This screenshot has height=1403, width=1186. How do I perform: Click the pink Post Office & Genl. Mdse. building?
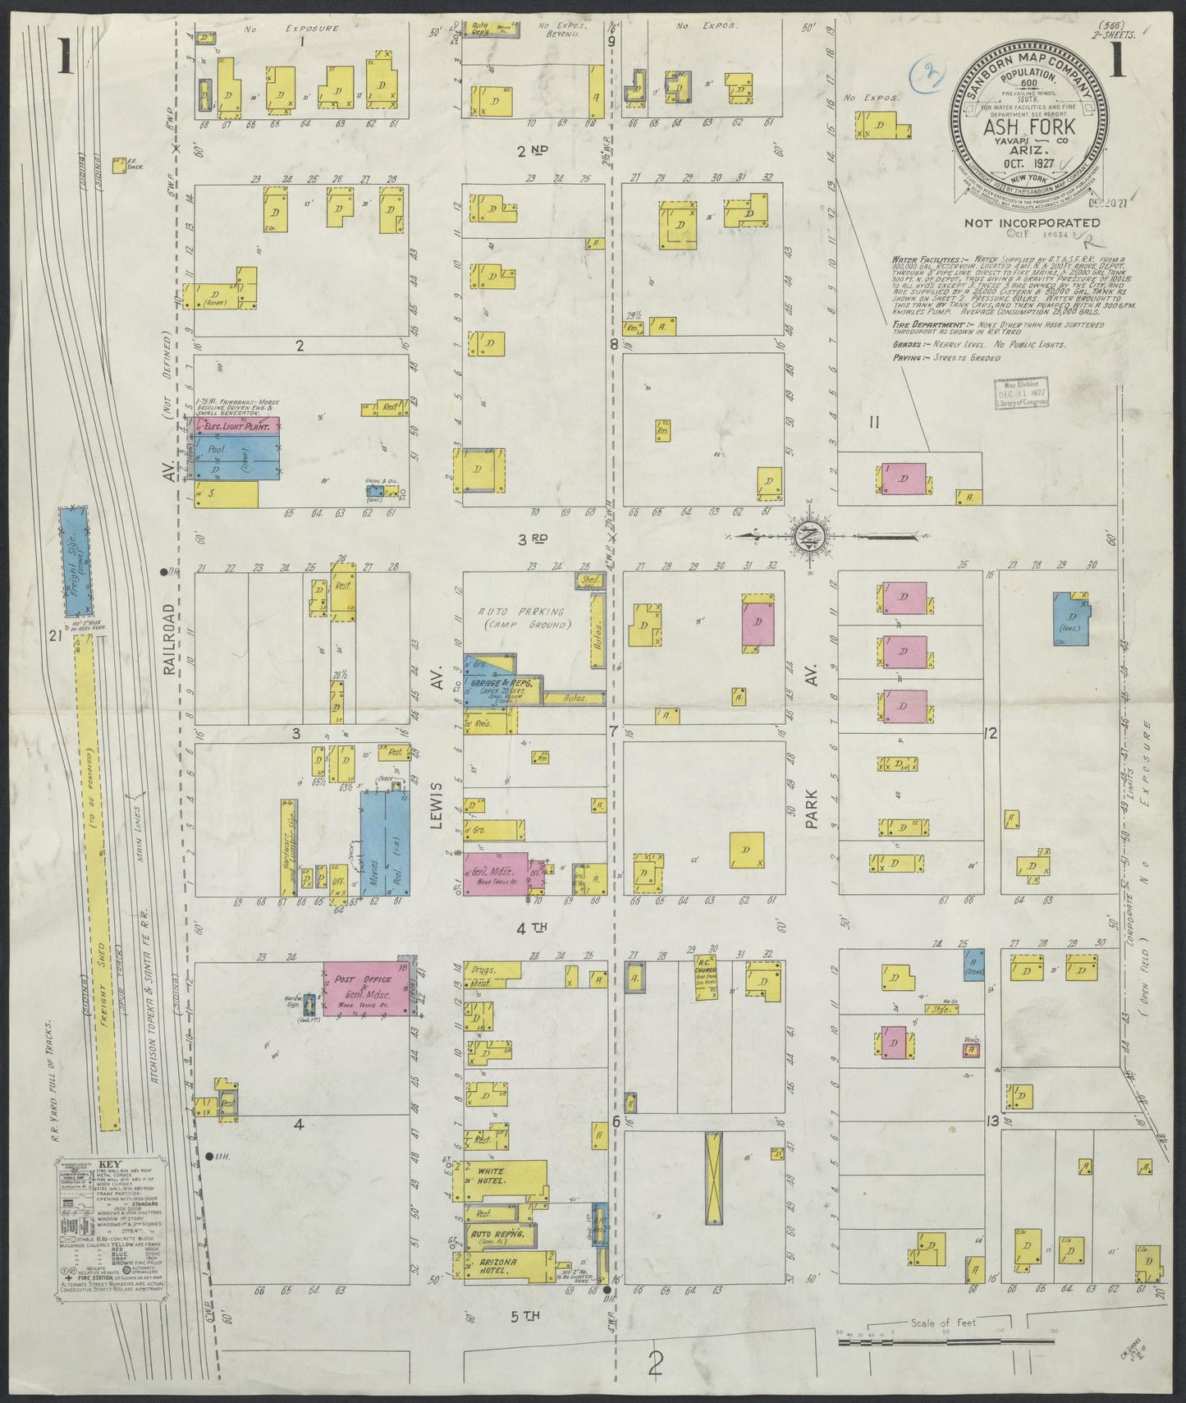pos(365,988)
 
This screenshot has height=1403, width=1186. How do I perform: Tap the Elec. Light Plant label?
pos(232,425)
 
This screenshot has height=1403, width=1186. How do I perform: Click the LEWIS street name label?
pos(437,805)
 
